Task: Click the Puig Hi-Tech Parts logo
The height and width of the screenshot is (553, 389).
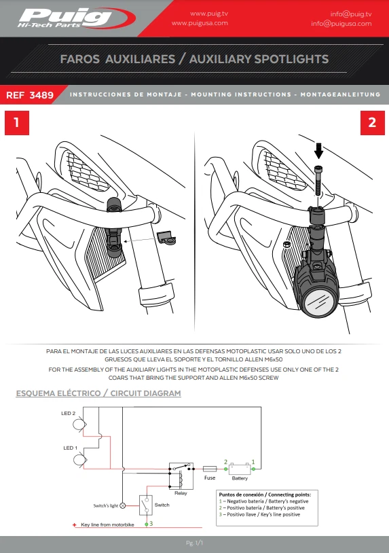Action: (x=77, y=18)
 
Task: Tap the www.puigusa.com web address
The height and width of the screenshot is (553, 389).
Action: (x=200, y=23)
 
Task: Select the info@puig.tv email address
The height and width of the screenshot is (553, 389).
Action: (x=351, y=14)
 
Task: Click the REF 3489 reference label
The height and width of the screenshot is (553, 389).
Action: (x=30, y=95)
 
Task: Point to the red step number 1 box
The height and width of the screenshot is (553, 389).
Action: (x=17, y=123)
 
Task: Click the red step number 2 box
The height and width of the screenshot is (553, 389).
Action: (x=373, y=123)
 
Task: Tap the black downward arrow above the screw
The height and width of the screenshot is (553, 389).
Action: (x=319, y=151)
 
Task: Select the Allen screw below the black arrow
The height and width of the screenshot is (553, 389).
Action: (x=318, y=181)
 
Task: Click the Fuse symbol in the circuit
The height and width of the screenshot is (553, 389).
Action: (x=210, y=469)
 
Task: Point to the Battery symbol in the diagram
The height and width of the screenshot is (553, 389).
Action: (x=240, y=469)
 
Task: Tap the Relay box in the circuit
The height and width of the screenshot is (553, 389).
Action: (x=181, y=476)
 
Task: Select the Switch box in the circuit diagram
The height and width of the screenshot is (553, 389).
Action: (x=146, y=505)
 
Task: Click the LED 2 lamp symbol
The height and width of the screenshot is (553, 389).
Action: (x=79, y=423)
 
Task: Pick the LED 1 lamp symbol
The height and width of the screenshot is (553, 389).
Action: (x=79, y=460)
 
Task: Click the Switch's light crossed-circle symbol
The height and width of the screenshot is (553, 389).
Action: (x=123, y=505)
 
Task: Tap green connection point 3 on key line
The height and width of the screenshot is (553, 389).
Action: (x=147, y=524)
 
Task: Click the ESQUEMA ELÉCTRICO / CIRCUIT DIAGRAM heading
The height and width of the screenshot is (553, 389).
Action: (x=98, y=393)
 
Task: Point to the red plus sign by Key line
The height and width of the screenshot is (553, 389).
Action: (x=75, y=524)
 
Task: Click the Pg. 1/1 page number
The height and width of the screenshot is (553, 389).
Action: (x=194, y=543)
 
